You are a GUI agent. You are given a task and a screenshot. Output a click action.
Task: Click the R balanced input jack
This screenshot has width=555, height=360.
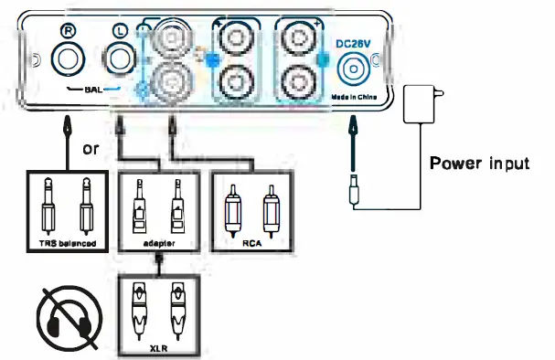[68, 61]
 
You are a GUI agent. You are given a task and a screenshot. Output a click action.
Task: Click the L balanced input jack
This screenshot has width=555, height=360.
[119, 61]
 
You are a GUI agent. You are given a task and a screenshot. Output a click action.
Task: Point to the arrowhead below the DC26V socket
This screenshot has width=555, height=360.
[352, 132]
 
